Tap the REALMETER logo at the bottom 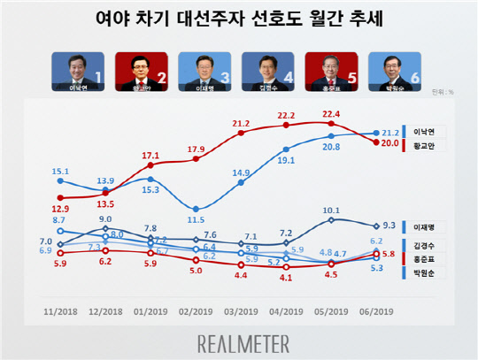tap(239, 341)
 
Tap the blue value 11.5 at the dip tap(195, 219)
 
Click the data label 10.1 tap(331, 211)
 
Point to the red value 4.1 tap(286, 277)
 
